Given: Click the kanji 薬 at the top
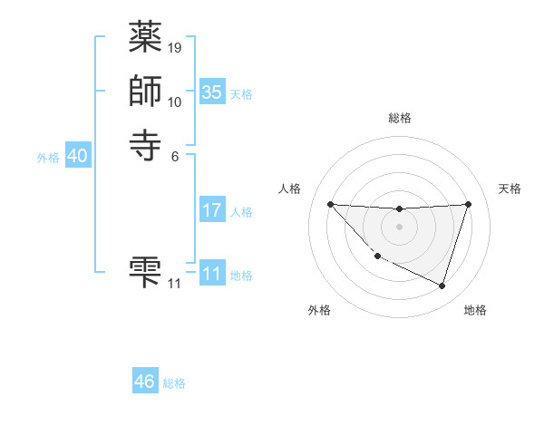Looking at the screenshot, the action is point(146,38).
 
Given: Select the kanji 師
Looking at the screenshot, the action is point(146,92).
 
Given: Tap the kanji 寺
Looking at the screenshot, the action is point(146,144).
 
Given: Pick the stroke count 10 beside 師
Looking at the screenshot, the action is point(175,102).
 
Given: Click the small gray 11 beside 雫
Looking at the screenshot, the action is point(175,284).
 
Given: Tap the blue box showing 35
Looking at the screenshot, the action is point(211,92).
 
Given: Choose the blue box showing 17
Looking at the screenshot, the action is point(211,211).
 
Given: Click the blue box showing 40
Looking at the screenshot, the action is point(77,157).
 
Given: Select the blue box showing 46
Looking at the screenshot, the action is point(145,382).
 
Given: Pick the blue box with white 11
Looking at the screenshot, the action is point(211,274).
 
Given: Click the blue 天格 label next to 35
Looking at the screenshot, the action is point(241,94).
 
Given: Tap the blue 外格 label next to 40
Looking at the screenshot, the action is point(48,158).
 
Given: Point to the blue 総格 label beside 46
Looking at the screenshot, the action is point(174,383).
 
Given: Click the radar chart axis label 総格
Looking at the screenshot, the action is point(399,118).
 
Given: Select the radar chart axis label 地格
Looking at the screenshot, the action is point(475,310).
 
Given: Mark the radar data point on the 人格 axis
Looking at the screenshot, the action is point(330,204).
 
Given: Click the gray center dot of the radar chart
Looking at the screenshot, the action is point(399,227).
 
